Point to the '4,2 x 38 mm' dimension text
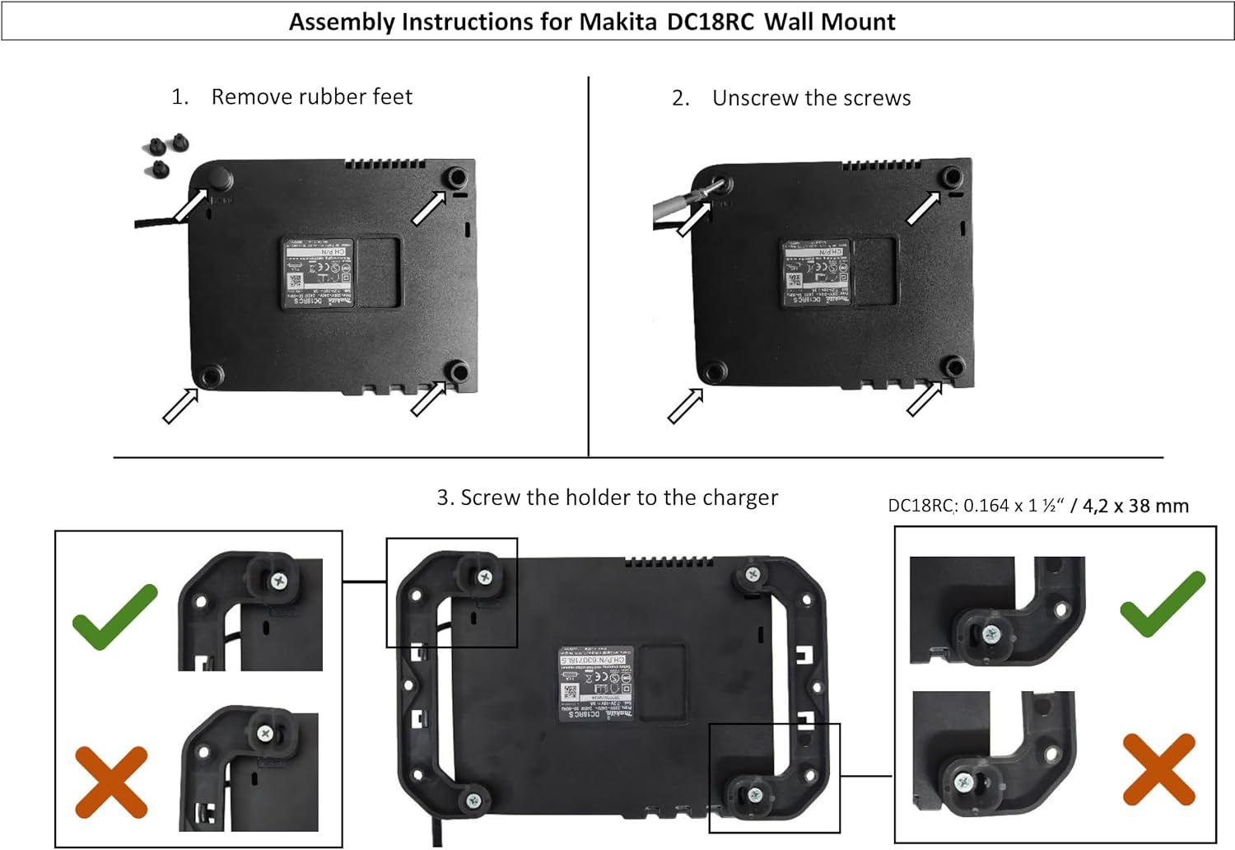click(1136, 506)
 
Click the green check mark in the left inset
click(114, 616)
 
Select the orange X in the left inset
click(111, 782)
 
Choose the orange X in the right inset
click(1158, 769)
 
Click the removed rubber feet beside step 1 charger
click(165, 154)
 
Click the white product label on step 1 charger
click(319, 273)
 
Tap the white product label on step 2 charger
click(816, 273)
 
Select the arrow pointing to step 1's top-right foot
click(428, 208)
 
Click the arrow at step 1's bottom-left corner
click(180, 406)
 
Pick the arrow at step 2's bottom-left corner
click(685, 406)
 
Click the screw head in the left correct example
click(281, 581)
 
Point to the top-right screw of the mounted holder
click(752, 574)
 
